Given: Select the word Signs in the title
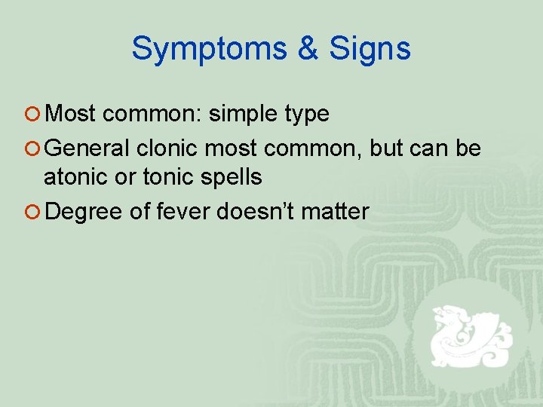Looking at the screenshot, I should (x=370, y=50).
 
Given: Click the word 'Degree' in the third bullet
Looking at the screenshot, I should (x=84, y=212).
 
